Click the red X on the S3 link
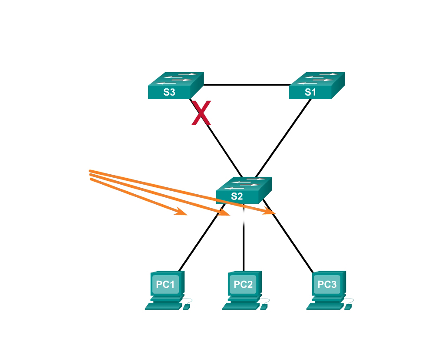tap(201, 114)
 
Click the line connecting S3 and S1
tap(246, 85)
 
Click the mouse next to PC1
tap(187, 306)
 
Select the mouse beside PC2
tap(264, 306)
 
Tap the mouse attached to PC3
tap(348, 306)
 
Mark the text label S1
tap(310, 92)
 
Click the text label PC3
tap(327, 284)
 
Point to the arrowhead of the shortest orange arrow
tap(182, 213)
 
